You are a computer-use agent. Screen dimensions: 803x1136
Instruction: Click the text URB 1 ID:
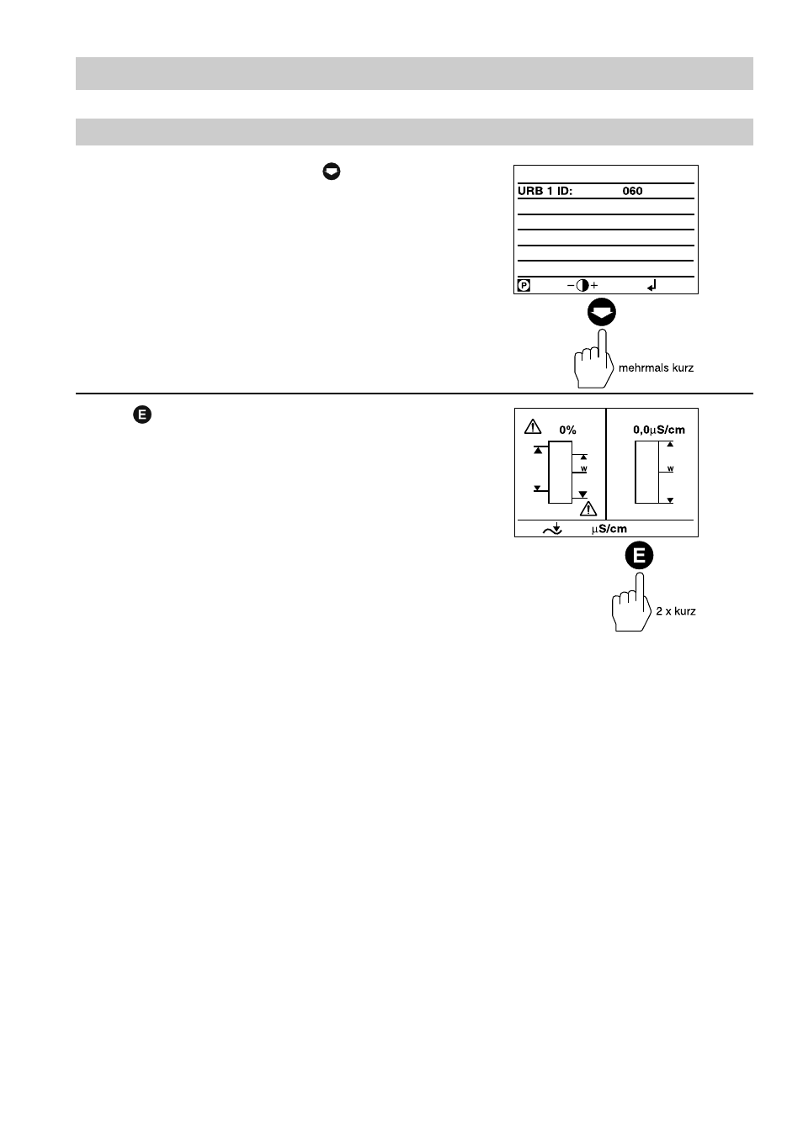tap(545, 191)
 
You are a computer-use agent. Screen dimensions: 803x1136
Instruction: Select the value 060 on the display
tap(632, 191)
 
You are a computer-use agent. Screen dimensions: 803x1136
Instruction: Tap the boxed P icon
tap(524, 286)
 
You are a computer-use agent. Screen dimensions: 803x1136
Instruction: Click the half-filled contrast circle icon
tap(582, 286)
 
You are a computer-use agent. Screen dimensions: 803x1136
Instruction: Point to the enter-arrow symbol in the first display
tap(651, 286)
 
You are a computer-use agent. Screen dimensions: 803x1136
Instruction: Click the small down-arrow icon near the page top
tap(332, 172)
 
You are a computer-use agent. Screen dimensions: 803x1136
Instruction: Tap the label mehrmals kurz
tap(656, 367)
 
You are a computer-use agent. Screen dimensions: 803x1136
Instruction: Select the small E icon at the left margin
tap(142, 415)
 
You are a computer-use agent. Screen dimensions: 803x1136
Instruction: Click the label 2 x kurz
tap(676, 611)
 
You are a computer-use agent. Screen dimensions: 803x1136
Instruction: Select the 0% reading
tap(567, 430)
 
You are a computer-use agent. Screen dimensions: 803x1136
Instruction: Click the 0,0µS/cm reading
tap(659, 430)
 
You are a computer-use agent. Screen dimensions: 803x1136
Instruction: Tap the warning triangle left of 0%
tap(533, 426)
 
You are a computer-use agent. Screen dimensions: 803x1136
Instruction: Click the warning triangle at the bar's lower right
tap(588, 508)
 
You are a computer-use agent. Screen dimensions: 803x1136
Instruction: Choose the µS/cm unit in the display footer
tap(609, 529)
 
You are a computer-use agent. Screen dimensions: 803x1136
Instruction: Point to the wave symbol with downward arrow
tap(552, 529)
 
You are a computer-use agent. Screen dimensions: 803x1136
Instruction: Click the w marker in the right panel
tap(671, 468)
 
